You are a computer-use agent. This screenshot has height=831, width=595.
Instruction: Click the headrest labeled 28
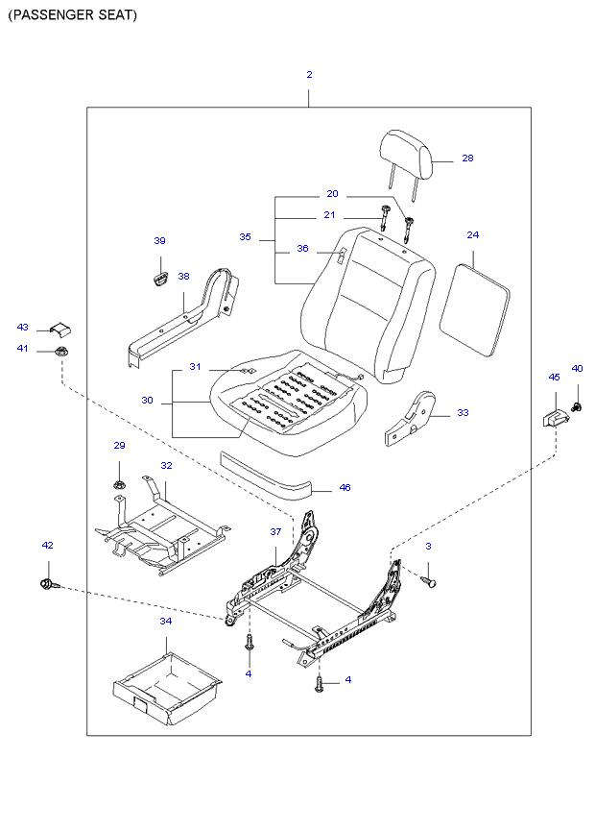(409, 152)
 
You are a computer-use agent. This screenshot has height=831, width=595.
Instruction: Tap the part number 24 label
(473, 234)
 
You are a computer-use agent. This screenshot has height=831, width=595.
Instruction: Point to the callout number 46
(345, 488)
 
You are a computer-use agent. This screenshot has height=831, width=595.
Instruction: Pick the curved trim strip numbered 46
(269, 476)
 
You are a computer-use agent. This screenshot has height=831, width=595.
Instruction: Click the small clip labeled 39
(159, 278)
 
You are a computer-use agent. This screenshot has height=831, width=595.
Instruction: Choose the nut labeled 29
(120, 483)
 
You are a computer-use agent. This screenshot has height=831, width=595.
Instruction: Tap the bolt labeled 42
(48, 583)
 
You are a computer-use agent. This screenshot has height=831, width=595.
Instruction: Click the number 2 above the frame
(309, 74)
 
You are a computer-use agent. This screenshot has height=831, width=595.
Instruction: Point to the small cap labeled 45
(553, 417)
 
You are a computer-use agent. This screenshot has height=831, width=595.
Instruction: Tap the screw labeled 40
(578, 406)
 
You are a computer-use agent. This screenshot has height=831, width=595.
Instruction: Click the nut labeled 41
(60, 350)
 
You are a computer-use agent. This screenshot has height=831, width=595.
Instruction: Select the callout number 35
(245, 236)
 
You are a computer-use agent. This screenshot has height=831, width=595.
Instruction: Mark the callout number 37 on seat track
(274, 531)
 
